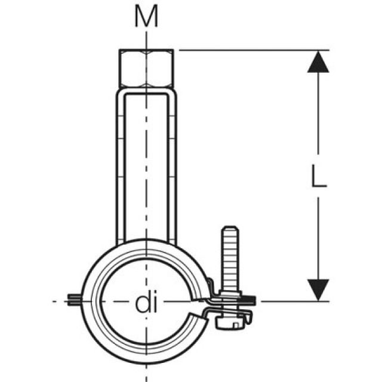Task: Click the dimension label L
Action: (319, 176)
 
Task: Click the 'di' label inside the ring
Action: (145, 305)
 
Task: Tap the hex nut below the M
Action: (146, 69)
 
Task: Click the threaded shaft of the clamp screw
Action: (229, 263)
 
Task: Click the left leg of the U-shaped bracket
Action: (119, 167)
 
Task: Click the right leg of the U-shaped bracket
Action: (172, 167)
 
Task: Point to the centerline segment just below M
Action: (146, 39)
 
